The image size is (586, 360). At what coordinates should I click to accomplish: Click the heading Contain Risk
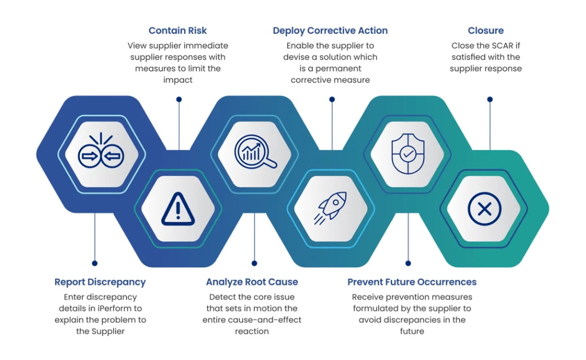tap(177, 31)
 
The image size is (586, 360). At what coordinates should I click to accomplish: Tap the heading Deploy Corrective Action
tap(330, 31)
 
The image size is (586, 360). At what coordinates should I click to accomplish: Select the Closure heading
tap(486, 31)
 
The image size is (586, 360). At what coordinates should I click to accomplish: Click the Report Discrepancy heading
tap(100, 282)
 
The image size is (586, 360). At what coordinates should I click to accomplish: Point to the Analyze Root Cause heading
tap(252, 282)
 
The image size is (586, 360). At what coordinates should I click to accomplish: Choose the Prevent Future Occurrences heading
tap(412, 282)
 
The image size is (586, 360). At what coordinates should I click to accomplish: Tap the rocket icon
tap(330, 208)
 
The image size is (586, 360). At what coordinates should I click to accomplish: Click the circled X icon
tap(484, 209)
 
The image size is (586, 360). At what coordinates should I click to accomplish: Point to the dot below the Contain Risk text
tap(179, 99)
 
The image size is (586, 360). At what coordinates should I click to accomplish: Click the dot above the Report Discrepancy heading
tap(94, 263)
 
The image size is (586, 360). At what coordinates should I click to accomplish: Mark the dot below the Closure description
tap(490, 99)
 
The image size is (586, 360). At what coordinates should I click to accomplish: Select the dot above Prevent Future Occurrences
tap(408, 263)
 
